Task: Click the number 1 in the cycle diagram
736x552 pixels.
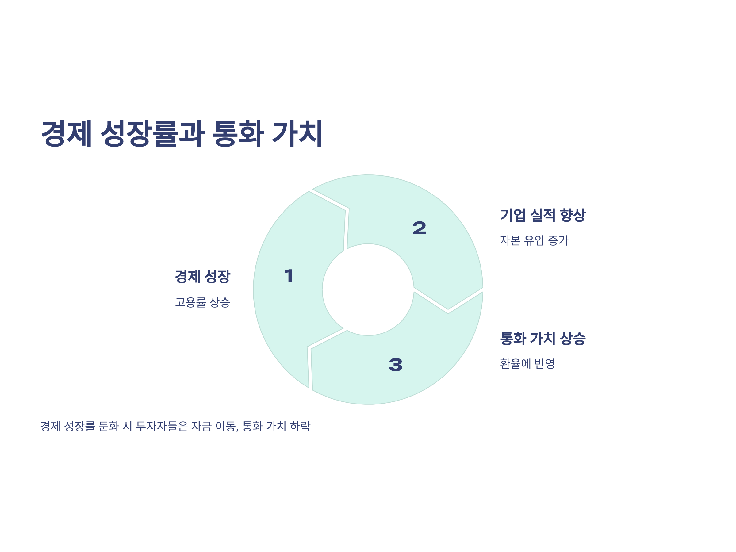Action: point(289,276)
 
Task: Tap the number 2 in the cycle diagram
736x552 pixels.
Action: point(419,228)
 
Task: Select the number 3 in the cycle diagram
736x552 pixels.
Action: point(395,365)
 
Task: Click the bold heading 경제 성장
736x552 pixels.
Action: point(202,277)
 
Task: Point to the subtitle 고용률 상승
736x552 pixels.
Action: point(202,302)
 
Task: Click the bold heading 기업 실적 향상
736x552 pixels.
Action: point(543,215)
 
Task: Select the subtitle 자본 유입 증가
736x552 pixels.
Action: point(534,240)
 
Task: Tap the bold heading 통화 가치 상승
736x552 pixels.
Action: point(543,338)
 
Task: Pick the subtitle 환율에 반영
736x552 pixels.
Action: point(527,364)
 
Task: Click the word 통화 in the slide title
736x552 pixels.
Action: point(238,133)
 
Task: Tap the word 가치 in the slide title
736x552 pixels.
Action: point(297,133)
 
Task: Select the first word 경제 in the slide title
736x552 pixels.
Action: point(66,133)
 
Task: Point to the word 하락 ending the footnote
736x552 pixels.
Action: point(301,426)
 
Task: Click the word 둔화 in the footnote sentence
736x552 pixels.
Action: point(109,426)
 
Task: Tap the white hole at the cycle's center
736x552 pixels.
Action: point(368,289)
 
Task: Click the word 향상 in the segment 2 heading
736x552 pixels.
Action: point(573,215)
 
